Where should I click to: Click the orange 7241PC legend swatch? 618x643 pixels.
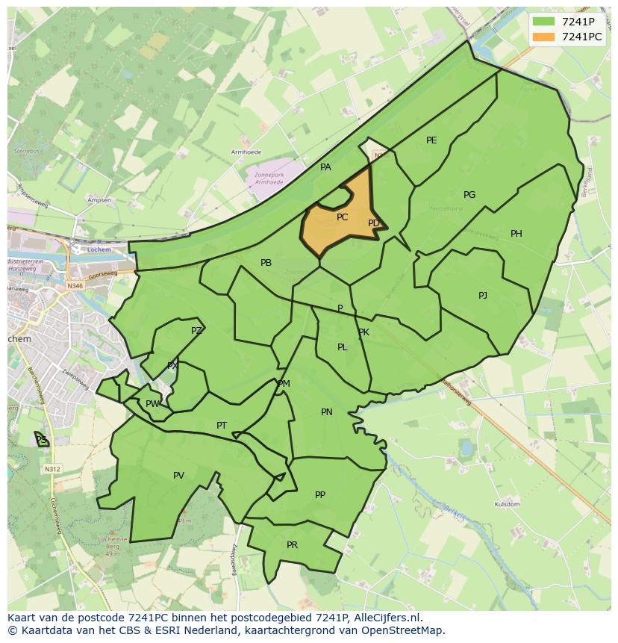[x=544, y=37]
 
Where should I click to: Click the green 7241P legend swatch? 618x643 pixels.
[x=544, y=22]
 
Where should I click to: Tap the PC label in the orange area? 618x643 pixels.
[x=342, y=217]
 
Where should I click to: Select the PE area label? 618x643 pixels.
[x=431, y=140]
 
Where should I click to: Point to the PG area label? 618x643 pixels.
[x=469, y=195]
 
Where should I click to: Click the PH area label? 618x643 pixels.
[x=516, y=234]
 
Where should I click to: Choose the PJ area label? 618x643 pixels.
[x=483, y=296]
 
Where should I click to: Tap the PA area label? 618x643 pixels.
[x=325, y=167]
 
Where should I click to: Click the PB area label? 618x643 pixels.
[x=266, y=263]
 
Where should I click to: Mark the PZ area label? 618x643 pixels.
[x=196, y=331]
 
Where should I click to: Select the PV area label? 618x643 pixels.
[x=178, y=476]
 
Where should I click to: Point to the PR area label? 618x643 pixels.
[x=292, y=545]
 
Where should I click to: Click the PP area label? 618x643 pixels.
[x=320, y=495]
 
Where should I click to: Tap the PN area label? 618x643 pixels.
[x=327, y=412]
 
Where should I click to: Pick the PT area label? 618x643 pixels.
[x=222, y=426]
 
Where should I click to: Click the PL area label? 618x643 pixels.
[x=342, y=347]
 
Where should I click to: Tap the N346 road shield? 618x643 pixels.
[x=75, y=286]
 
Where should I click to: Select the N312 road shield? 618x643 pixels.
[x=51, y=469]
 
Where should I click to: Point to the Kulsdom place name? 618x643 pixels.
[x=507, y=505]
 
